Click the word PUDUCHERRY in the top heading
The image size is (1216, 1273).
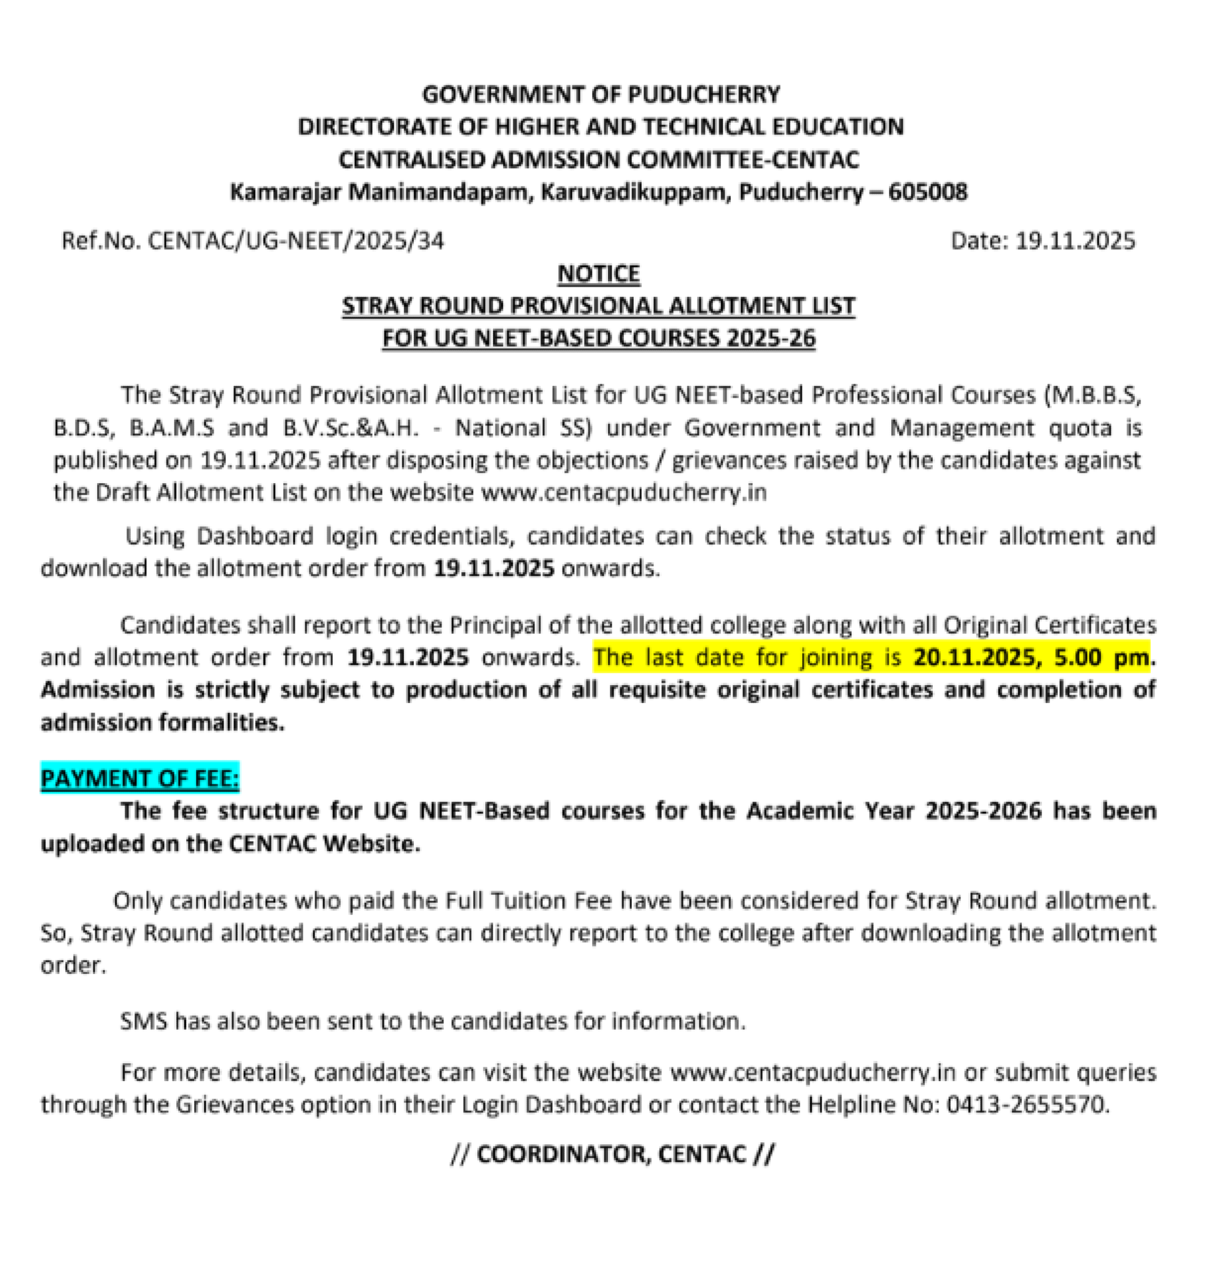703,95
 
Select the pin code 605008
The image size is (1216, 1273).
927,192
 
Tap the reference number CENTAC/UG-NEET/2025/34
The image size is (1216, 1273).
295,241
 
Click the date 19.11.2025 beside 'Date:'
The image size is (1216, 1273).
1075,241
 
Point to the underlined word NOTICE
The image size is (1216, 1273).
598,273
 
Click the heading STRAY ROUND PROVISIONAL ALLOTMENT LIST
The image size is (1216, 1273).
598,306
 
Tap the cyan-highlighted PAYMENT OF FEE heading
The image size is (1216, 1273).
140,778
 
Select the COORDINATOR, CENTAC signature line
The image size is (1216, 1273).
611,1154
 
